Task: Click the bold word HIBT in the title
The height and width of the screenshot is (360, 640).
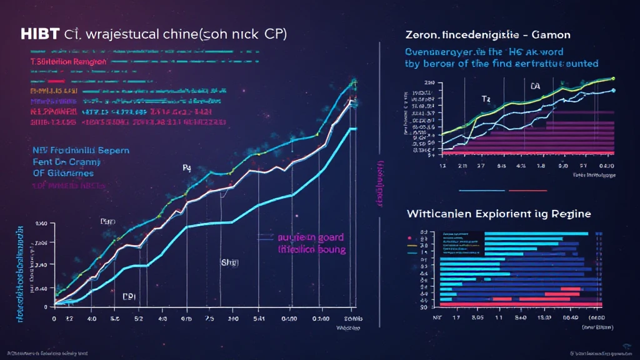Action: pos(39,35)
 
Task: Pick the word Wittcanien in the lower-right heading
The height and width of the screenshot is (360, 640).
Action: pos(437,214)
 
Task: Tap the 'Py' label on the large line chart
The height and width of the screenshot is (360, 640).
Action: pos(186,167)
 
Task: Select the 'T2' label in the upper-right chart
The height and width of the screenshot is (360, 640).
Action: pos(485,99)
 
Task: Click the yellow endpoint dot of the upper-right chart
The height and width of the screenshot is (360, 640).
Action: pos(613,79)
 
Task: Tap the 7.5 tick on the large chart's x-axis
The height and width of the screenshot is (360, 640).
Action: pos(210,318)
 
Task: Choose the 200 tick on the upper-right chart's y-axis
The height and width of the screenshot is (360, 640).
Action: pos(429,83)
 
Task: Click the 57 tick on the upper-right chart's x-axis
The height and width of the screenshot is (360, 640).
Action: pos(583,167)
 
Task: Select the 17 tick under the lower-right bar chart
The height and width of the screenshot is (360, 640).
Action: pos(456,318)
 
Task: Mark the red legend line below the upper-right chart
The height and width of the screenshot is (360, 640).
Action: pos(528,190)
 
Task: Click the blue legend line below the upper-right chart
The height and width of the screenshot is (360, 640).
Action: pos(481,190)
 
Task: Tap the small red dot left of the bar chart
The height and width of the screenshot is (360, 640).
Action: pos(409,238)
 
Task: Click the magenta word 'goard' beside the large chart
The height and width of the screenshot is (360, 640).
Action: pos(329,237)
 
